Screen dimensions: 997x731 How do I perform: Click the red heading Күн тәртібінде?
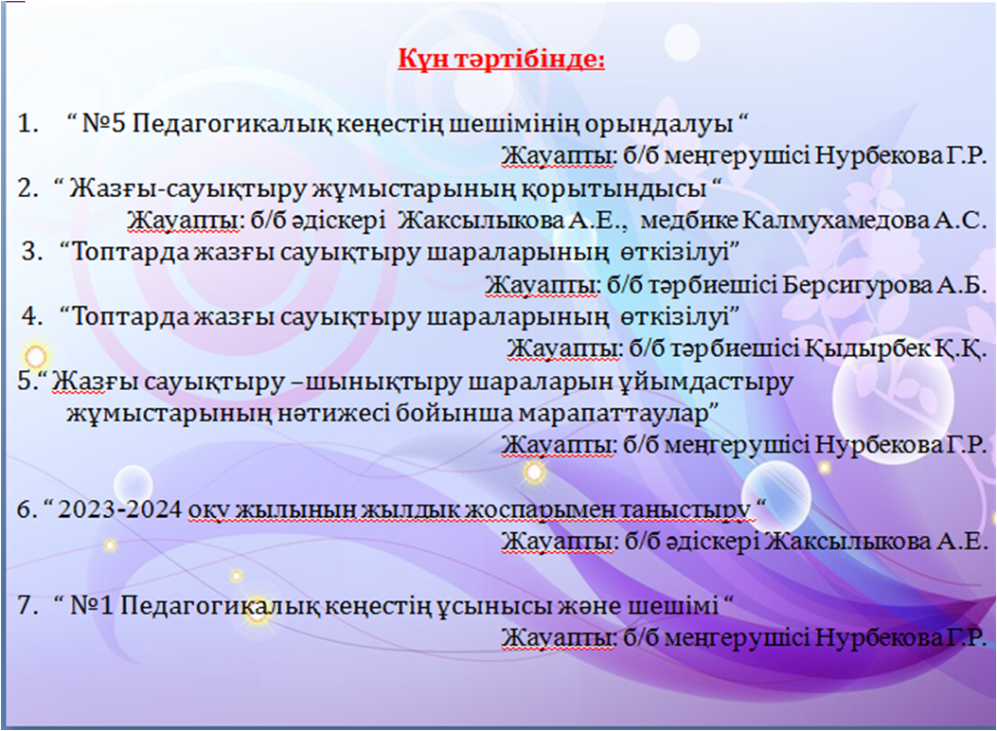point(502,60)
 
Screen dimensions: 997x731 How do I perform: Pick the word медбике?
point(689,221)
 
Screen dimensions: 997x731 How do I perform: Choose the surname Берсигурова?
point(857,285)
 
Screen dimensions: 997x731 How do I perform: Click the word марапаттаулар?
point(614,415)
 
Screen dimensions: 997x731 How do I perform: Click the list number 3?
point(32,253)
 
